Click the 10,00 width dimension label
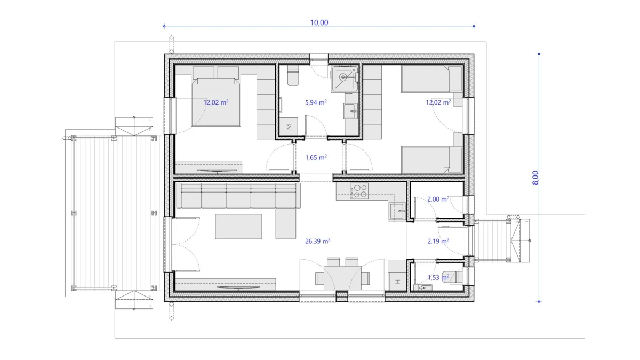click(319, 22)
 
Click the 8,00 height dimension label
click(535, 177)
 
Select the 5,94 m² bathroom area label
click(316, 102)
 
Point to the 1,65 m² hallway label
click(316, 157)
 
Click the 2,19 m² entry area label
click(438, 241)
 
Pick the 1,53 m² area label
click(438, 277)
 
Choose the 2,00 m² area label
click(438, 199)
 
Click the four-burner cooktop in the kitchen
click(359, 191)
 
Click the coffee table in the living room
click(238, 226)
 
